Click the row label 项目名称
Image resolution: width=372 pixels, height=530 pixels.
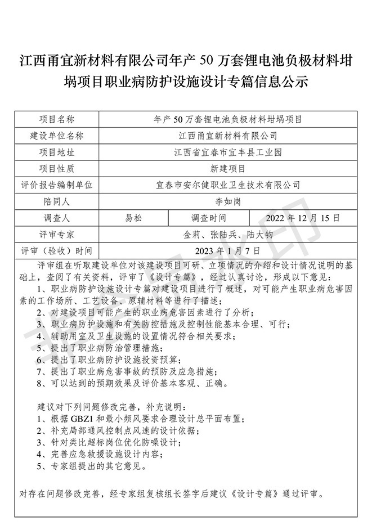tap(56, 119)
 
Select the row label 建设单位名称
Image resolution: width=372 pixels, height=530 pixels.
tap(56, 136)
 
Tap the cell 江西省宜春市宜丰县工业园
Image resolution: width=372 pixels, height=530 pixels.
tap(227, 152)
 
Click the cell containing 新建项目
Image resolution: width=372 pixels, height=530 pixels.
tap(227, 168)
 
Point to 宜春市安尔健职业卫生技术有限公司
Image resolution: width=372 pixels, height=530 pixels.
tap(227, 185)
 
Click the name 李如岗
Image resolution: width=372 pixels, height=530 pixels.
tap(227, 201)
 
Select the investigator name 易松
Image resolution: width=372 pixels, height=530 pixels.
tap(133, 217)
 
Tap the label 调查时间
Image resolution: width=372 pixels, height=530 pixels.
tap(209, 217)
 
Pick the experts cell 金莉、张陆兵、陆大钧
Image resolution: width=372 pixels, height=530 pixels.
tap(227, 233)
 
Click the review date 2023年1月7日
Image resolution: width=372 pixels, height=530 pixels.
tap(227, 250)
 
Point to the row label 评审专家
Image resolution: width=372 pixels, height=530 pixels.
tap(56, 233)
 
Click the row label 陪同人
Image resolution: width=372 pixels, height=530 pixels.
tap(56, 201)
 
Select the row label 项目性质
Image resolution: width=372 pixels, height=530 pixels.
tap(56, 168)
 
